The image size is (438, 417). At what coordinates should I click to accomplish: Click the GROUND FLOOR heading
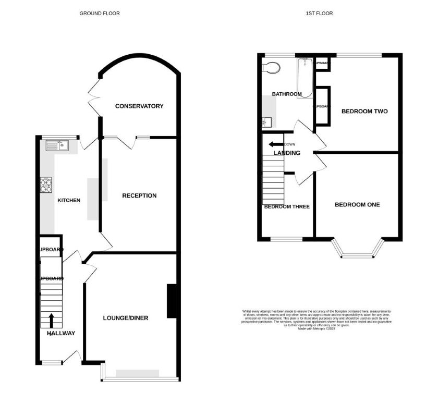[x=99, y=13]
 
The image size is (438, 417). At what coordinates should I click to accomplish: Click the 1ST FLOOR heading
[x=319, y=13]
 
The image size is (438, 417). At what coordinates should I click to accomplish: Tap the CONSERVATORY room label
[x=139, y=106]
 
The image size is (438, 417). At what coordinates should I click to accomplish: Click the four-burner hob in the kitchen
[x=46, y=184]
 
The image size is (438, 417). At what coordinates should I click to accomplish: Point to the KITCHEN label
[x=69, y=200]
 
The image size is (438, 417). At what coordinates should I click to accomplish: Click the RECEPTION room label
[x=139, y=195]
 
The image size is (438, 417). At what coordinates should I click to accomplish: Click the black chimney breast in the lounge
[x=172, y=301]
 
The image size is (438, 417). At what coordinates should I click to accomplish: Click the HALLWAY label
[x=61, y=334]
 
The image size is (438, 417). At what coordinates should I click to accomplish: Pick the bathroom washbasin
[x=266, y=122]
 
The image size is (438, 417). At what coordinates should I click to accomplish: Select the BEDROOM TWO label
[x=364, y=111]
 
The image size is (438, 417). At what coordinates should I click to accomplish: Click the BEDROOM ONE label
[x=357, y=204]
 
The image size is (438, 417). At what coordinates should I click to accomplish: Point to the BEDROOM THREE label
[x=287, y=206]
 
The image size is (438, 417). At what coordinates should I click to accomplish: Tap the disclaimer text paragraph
[x=317, y=320]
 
